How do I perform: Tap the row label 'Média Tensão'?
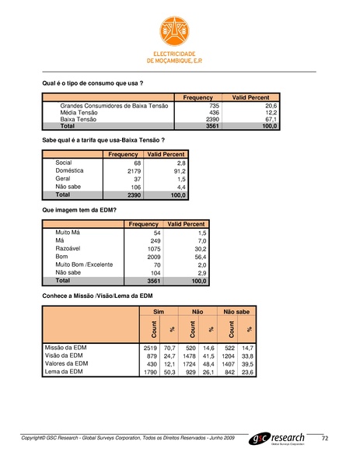coord(79,112)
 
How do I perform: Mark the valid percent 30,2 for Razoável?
coord(197,248)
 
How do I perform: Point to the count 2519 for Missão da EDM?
coord(152,347)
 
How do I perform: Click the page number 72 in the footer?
coord(325,440)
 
